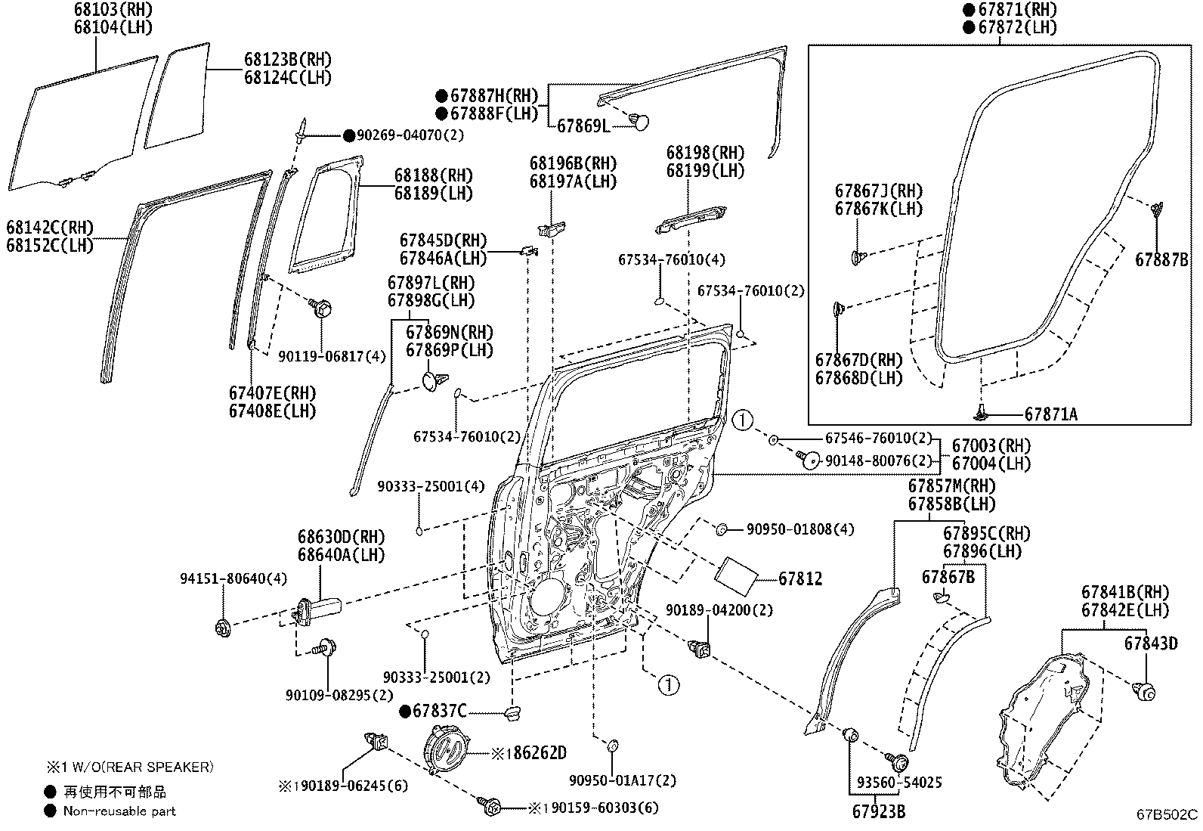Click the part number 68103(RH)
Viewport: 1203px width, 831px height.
pos(113,10)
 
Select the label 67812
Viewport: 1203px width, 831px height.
pos(800,578)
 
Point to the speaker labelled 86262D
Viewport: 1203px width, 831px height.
pos(446,749)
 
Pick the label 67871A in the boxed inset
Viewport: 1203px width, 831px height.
pos(1050,414)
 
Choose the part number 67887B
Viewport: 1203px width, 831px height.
pos(1161,260)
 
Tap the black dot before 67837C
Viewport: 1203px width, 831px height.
pos(406,712)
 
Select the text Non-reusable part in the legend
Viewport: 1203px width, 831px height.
pos(119,811)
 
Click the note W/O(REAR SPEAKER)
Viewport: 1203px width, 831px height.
pos(142,767)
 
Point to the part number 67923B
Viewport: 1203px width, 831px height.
pos(879,811)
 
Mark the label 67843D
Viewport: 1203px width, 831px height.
pos(1151,643)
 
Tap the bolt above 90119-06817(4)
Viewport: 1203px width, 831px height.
pos(320,308)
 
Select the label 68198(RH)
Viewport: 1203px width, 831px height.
pos(705,153)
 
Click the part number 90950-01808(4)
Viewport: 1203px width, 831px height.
pos(800,529)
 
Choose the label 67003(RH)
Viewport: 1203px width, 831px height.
pos(991,445)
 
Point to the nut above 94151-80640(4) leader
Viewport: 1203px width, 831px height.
pos(223,628)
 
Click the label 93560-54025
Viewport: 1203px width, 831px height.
pos(899,782)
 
